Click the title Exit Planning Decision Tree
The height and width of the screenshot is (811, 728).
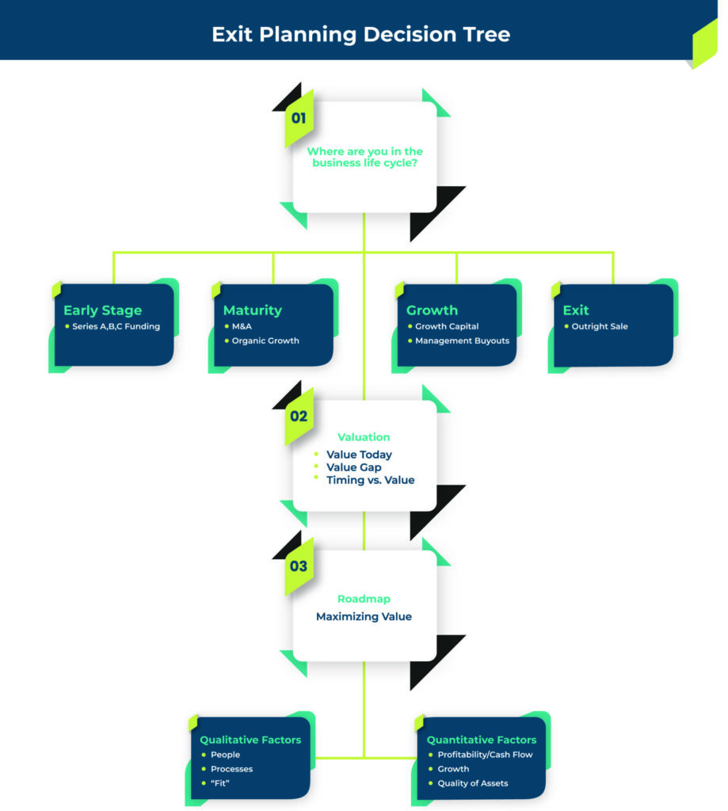pos(360,35)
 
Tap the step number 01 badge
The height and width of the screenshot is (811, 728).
pos(299,119)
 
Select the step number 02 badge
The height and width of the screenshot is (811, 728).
pos(299,417)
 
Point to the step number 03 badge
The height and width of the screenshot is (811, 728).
pos(299,566)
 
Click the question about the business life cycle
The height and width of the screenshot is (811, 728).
pos(364,157)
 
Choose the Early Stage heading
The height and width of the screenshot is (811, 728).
pos(102,310)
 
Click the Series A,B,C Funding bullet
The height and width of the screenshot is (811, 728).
pos(116,326)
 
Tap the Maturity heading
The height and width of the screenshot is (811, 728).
pos(252,310)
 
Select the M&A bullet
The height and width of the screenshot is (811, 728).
pos(242,326)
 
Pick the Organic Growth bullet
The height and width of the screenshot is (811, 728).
pos(265,341)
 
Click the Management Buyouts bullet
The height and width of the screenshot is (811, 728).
pos(462,341)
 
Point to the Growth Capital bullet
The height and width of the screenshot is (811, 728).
pos(447,326)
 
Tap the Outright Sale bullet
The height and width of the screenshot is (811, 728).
pos(599,326)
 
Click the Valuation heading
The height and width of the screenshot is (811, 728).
pos(364,437)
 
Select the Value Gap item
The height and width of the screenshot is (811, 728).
pos(353,467)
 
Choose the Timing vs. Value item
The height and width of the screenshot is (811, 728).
pos(370,480)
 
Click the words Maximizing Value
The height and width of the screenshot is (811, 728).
pos(364,616)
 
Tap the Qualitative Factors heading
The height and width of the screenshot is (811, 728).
pos(250,740)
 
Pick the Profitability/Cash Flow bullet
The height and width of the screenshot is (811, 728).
pos(485,755)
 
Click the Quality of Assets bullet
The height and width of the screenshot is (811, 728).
pos(473,783)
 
